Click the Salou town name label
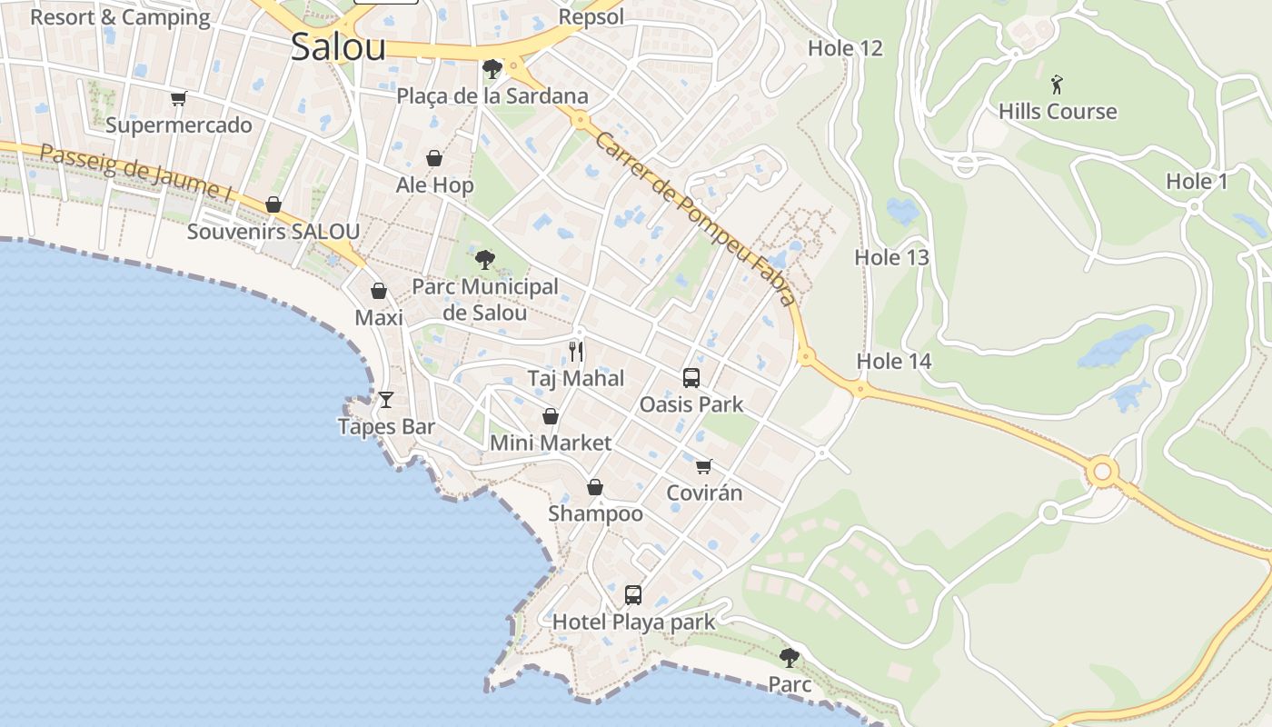click(x=338, y=48)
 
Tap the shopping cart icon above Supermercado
click(x=178, y=98)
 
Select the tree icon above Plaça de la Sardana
click(x=492, y=68)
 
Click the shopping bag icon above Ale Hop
click(x=434, y=159)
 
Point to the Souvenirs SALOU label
click(x=273, y=232)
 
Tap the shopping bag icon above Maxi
click(x=379, y=292)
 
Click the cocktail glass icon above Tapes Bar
click(x=386, y=400)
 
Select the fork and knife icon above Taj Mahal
click(x=576, y=351)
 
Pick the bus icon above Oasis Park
click(x=691, y=378)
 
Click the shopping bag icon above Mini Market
click(x=551, y=417)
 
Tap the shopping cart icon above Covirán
click(x=704, y=467)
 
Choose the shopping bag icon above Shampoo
click(x=595, y=488)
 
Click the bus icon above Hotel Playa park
click(x=633, y=595)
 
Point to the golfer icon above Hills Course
click(x=1057, y=85)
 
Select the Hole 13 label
click(x=891, y=258)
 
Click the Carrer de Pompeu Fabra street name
click(x=695, y=219)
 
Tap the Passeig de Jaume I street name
click(x=135, y=172)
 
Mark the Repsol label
click(x=591, y=17)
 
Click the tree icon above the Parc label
click(x=790, y=657)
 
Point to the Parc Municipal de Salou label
click(x=485, y=300)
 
